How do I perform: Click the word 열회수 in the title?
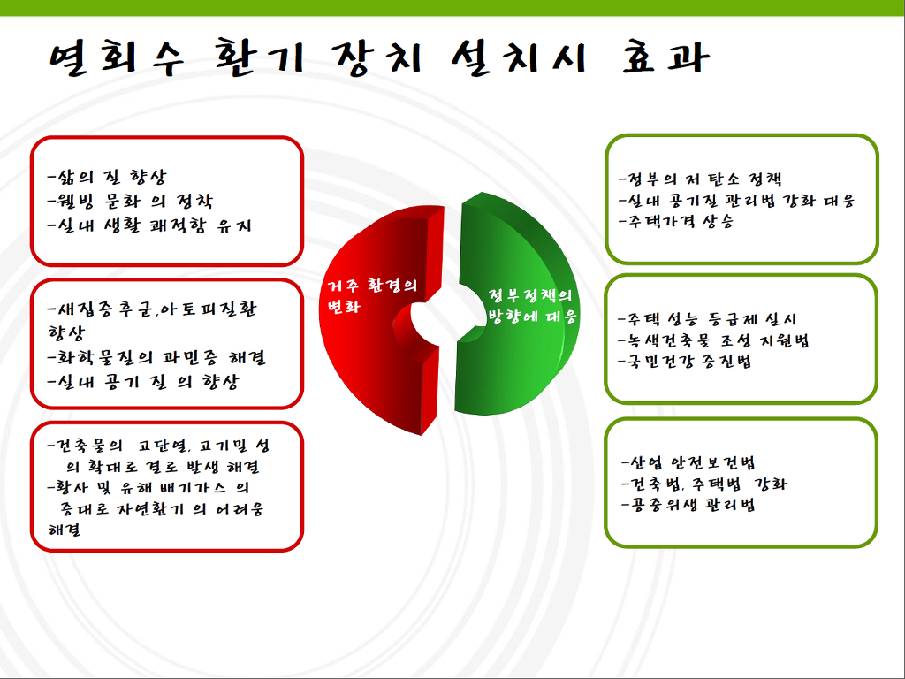coord(117,58)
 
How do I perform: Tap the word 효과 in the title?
coord(665,57)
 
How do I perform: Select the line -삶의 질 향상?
coord(107,177)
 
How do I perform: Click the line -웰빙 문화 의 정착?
coord(131,201)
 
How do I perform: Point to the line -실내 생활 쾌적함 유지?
coord(150,225)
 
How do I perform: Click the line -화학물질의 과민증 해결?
coord(156,357)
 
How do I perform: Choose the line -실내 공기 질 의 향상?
coord(143,382)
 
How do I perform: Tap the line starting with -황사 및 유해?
coord(148,488)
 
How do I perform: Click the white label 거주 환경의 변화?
coord(372,295)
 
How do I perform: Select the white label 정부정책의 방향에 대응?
coord(532,306)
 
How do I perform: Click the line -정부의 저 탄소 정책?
coord(700,179)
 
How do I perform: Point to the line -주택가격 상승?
coord(676,221)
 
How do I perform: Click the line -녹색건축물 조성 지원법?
coord(713,340)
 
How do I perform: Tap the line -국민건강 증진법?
coord(685,362)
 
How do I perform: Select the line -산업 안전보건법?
coord(688,463)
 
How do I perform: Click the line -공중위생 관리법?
coord(688,505)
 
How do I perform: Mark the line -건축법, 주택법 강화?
coord(704,484)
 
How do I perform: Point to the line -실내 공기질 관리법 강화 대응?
coord(736,201)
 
